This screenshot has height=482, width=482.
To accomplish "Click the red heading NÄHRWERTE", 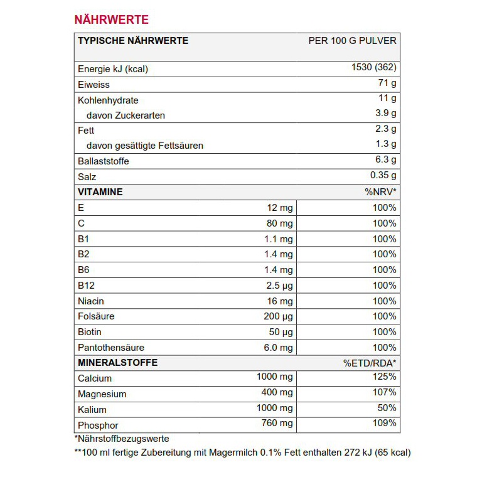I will pos(112,19).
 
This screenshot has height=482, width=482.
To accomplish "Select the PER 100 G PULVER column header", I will pos(352,41).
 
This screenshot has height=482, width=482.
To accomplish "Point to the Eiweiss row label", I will pos(93,85).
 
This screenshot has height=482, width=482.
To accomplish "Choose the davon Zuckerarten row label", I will pos(126,115).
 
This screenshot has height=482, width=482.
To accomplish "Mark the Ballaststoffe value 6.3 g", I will pos(385,160).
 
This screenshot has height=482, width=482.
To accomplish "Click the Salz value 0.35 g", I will pos(383,176).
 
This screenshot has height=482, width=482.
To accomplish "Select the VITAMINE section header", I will pos(100,191).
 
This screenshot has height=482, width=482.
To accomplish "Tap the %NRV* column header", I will pos(380,192).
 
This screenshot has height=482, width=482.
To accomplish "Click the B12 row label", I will pos(85,286).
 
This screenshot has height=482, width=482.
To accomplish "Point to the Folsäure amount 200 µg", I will pos(279,316).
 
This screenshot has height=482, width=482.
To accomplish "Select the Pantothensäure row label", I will pos(110,348).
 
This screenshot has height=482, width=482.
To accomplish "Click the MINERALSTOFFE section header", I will pos(117,363).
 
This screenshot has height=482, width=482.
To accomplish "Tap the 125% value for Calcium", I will pos(384,377).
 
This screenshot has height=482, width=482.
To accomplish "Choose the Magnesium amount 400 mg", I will pos(277,393).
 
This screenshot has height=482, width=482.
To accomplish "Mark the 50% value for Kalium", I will pos(387,409).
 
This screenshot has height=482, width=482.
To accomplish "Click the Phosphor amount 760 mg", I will pos(277,424).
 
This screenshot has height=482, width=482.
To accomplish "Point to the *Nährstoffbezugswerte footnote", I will pos(121,439).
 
